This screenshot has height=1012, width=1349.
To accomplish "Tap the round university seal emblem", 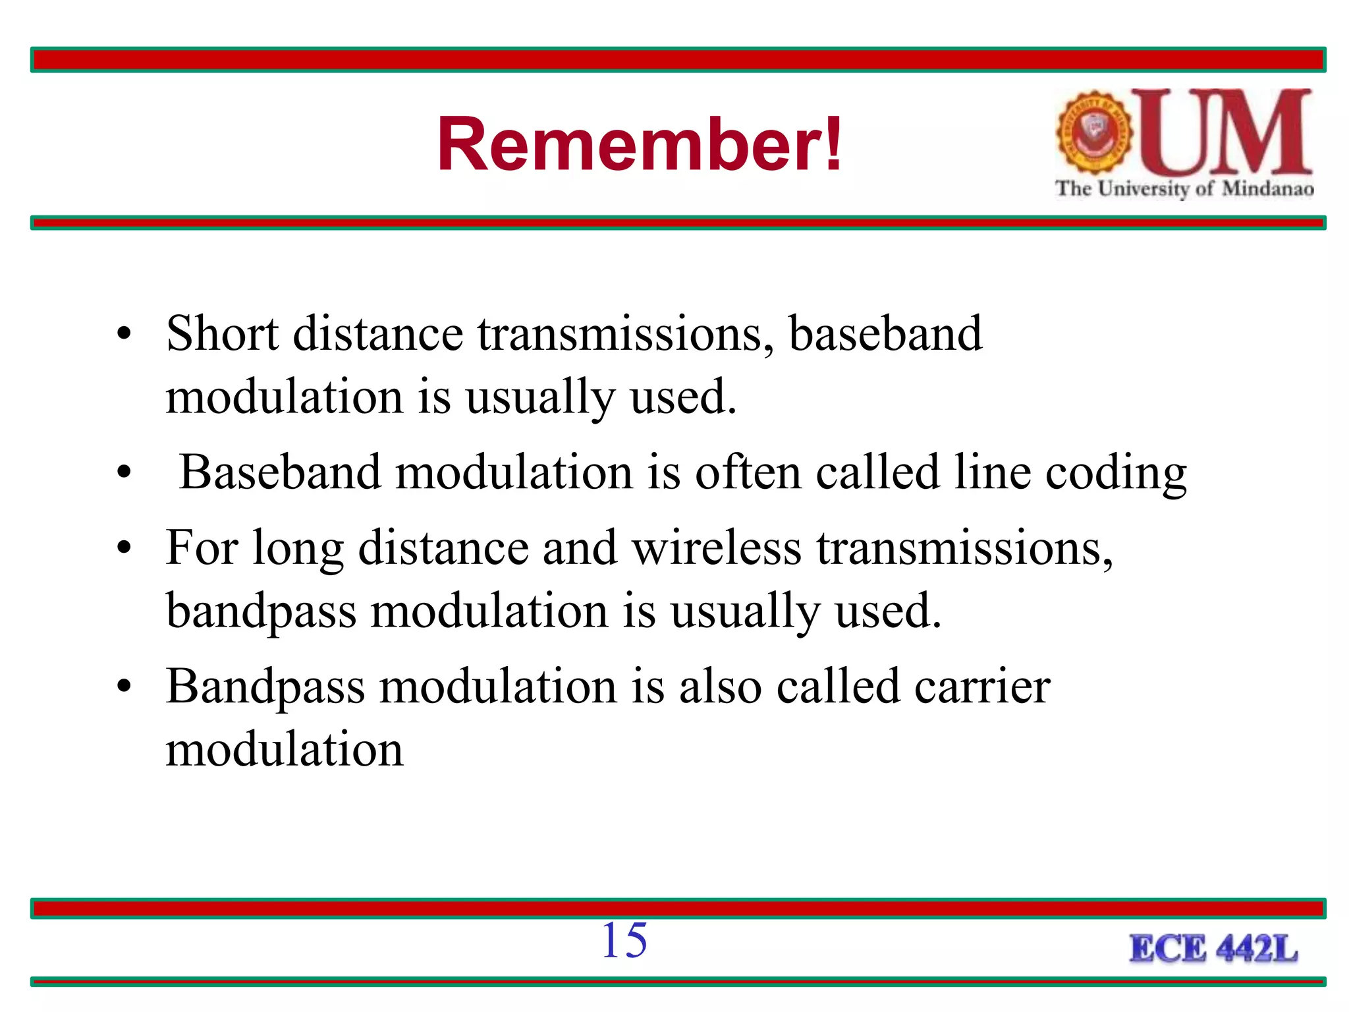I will (1093, 132).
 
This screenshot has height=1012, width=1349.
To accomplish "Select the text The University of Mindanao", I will (1184, 188).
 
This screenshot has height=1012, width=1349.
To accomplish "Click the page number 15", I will (624, 940).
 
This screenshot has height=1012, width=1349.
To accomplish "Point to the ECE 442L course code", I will (1213, 949).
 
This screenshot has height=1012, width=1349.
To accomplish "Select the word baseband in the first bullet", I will (885, 333).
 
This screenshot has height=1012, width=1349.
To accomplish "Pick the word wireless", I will (717, 548).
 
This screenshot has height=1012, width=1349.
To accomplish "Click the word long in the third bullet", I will (298, 549).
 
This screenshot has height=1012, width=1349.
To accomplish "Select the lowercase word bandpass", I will (261, 611).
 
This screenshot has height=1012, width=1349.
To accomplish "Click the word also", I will (720, 687).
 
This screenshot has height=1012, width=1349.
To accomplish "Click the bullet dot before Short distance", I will (124, 334).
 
